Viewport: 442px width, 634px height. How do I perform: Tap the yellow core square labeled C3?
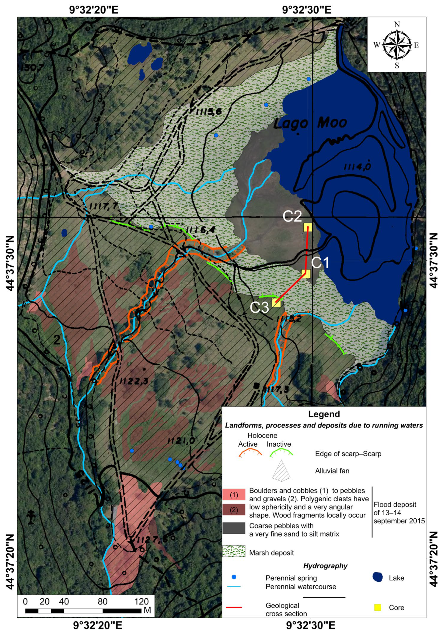(x=276, y=303)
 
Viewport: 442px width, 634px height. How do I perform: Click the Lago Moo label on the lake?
(x=310, y=123)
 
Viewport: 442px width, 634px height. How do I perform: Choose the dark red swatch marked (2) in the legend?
(x=234, y=510)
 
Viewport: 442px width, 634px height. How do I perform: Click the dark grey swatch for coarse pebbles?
(x=234, y=528)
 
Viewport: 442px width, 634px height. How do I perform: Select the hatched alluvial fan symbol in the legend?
(x=281, y=470)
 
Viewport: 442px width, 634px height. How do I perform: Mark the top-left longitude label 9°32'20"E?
(x=94, y=10)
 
